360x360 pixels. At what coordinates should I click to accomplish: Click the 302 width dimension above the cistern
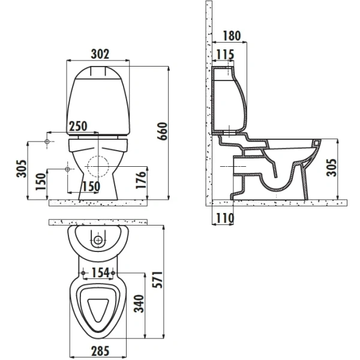[x=100, y=53]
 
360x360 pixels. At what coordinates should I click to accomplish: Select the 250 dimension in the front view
[x=78, y=127]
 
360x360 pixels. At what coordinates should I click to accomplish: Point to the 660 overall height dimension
[x=160, y=128]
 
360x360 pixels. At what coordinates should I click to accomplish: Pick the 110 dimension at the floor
[x=224, y=218]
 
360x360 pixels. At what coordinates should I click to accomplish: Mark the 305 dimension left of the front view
[x=20, y=171]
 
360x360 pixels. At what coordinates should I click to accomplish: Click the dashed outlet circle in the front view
[x=98, y=164]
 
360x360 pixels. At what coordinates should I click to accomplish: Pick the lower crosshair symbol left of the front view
[x=67, y=170]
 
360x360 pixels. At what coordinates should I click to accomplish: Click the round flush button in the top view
[x=99, y=241]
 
